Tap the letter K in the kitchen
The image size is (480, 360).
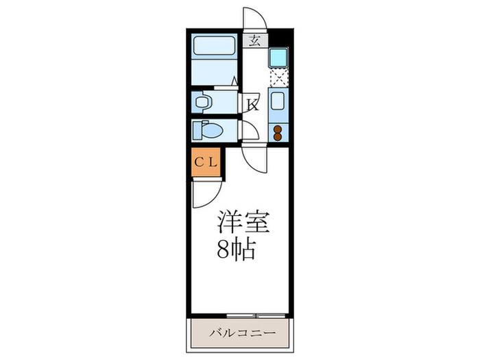tap(252, 105)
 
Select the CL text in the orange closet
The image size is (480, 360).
tap(205, 163)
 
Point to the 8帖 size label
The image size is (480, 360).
tap(237, 250)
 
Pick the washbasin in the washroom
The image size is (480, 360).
tap(202, 102)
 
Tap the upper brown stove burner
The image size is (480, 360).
tap(278, 128)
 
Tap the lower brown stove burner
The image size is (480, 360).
tap(278, 136)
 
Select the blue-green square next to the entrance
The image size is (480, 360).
tap(278, 57)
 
